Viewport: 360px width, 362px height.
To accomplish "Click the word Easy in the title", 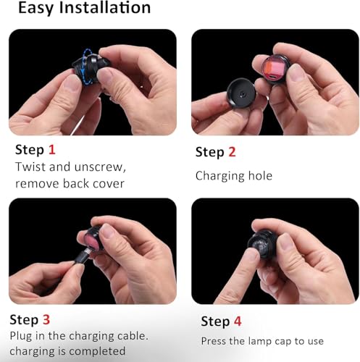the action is (x=35, y=8).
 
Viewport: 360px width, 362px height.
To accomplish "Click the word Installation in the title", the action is (x=105, y=7).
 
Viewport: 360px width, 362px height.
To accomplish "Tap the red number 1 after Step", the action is (x=52, y=150).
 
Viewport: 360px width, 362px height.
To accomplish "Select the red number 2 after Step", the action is (x=232, y=152).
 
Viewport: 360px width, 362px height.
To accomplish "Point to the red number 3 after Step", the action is (x=46, y=319).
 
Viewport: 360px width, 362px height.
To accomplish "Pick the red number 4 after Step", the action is (x=238, y=321).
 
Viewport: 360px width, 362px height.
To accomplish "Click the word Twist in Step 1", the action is (x=30, y=167).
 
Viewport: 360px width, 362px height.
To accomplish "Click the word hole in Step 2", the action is (x=260, y=175).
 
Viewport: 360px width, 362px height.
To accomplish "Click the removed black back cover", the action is (x=241, y=93).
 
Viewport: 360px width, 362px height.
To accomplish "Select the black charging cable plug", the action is (x=82, y=257).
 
